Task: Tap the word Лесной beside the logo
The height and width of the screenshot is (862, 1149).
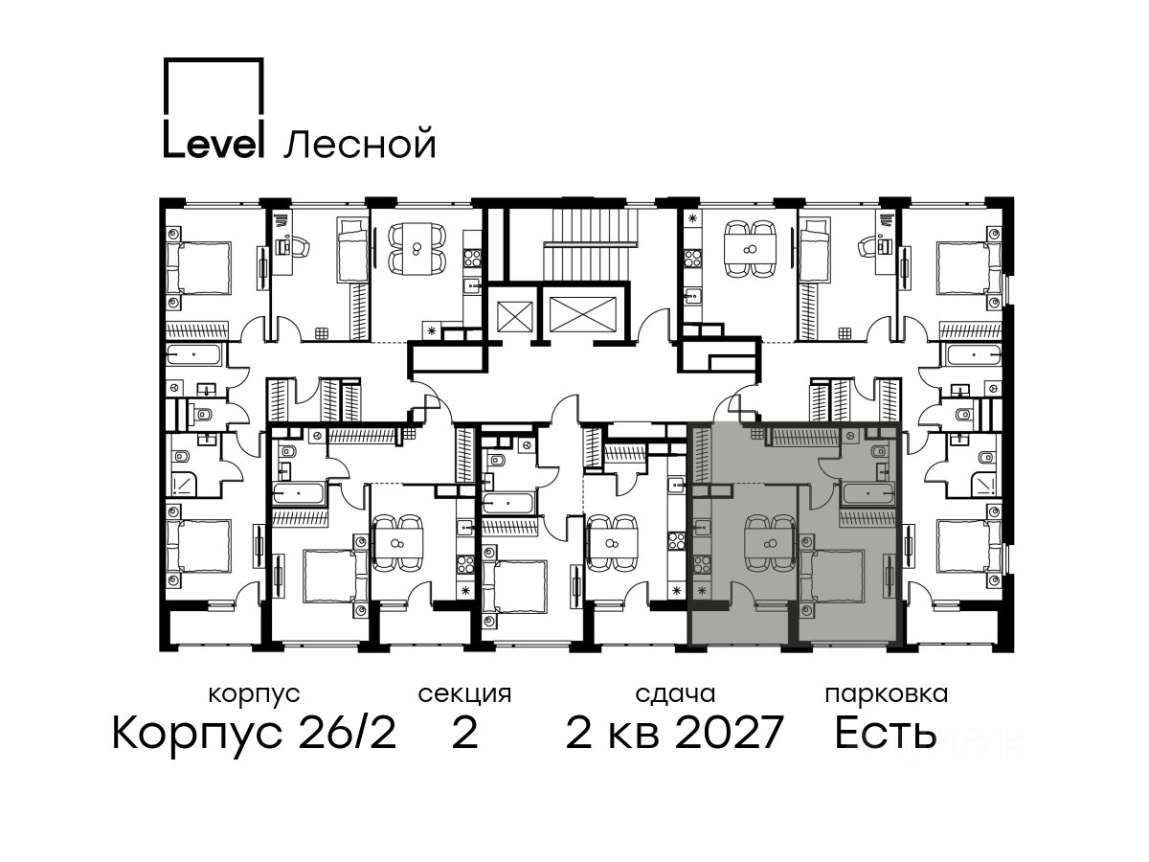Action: pos(360,144)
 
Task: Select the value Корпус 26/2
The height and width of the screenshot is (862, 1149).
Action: pos(254,734)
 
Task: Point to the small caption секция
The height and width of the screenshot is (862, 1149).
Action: pos(463,694)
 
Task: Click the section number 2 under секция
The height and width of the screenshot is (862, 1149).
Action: pos(464,733)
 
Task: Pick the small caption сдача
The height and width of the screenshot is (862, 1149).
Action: pos(675,694)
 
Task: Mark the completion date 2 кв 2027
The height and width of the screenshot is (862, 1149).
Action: pos(674,733)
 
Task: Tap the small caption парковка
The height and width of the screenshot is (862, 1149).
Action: pos(887,695)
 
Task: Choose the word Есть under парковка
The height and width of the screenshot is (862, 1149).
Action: pos(885,733)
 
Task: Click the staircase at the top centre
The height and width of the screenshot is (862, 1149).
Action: pos(590,241)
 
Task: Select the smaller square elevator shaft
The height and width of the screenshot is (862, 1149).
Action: pos(514,316)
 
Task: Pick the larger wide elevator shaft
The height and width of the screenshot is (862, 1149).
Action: pos(583,314)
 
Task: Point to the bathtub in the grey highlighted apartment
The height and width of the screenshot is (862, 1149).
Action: pos(867,493)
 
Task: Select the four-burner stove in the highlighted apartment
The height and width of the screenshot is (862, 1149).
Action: pos(703,563)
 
